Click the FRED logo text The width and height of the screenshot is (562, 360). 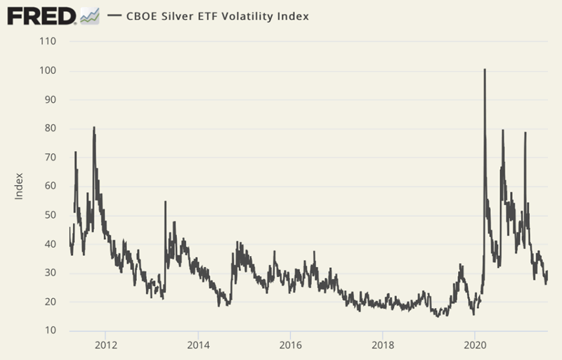(x=41, y=15)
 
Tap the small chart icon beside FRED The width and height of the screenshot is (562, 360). (x=90, y=15)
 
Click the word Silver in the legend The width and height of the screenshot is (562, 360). (x=178, y=15)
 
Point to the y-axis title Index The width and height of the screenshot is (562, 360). (x=19, y=186)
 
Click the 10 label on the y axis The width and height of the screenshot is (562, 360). (x=51, y=330)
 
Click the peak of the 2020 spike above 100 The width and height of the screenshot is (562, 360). (x=485, y=70)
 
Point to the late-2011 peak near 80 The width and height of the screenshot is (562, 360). (x=94, y=128)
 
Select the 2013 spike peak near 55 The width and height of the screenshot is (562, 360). (x=165, y=202)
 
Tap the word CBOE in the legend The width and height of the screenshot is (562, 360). (x=143, y=15)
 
